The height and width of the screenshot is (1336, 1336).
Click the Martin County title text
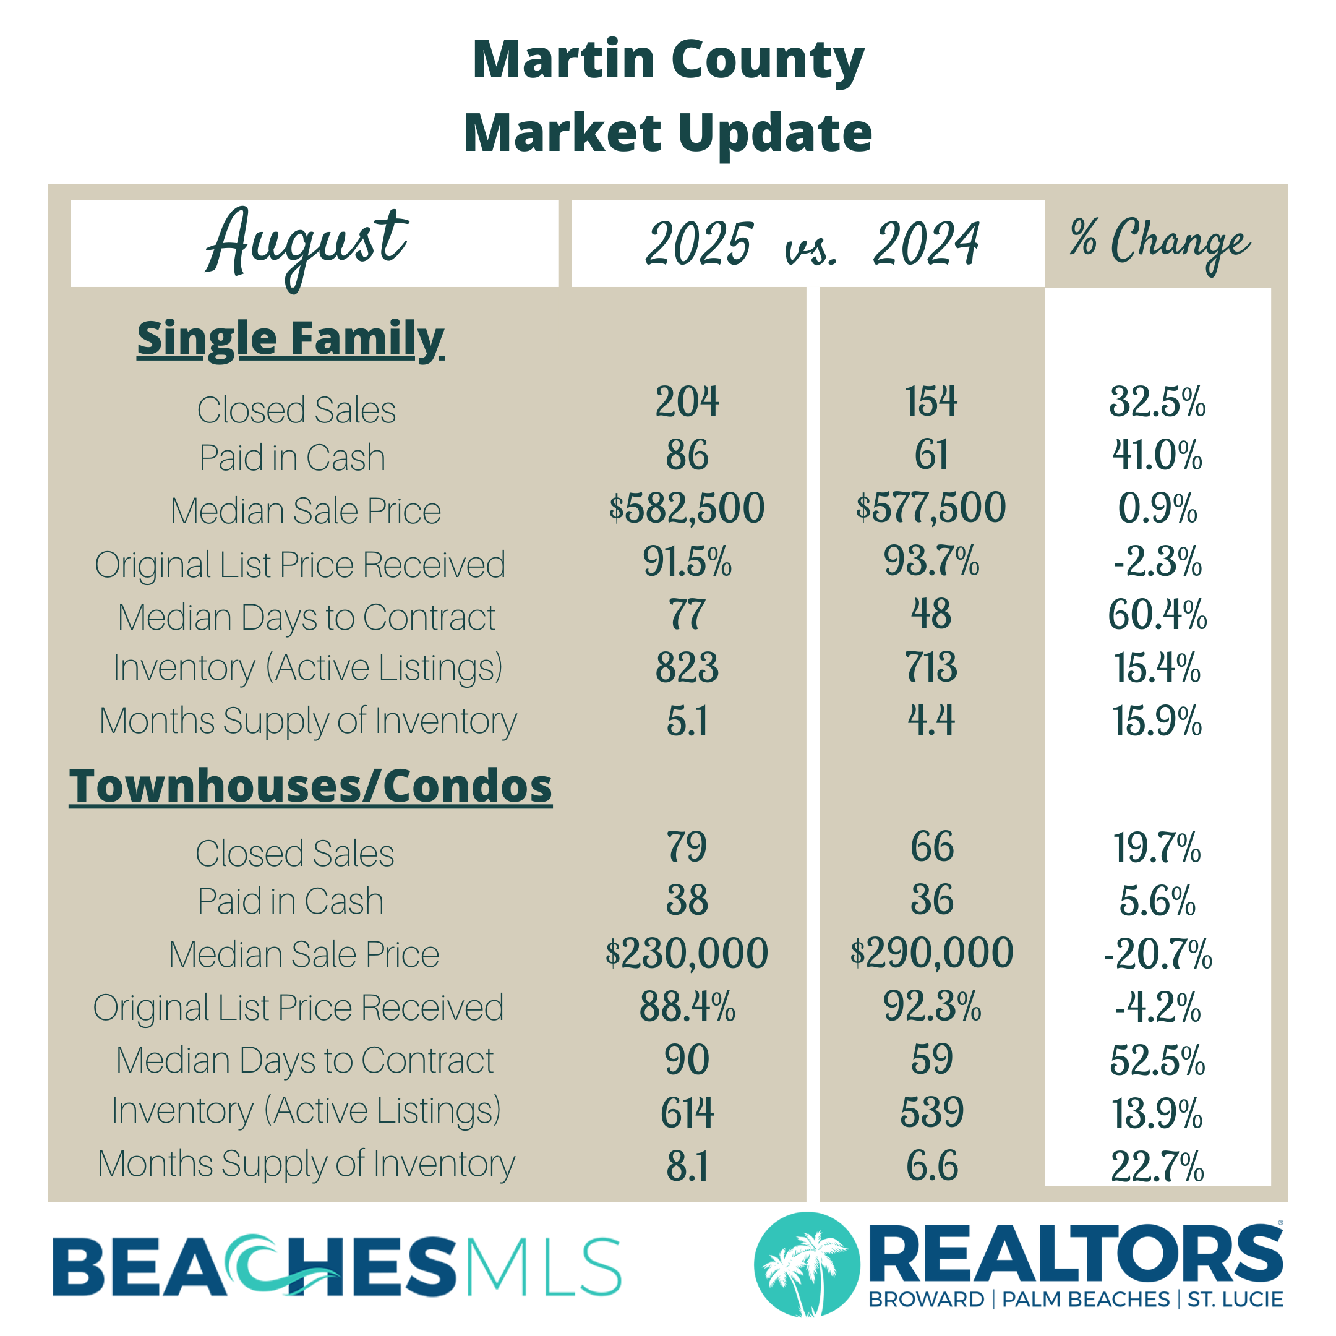click(668, 59)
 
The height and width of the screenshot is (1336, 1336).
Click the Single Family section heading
click(291, 338)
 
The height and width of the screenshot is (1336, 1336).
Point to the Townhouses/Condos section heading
click(310, 786)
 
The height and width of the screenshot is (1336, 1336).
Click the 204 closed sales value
click(687, 402)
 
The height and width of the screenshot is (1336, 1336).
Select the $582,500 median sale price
click(687, 508)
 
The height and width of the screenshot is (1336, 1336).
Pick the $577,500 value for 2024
click(931, 508)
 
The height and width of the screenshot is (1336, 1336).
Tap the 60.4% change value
click(1157, 614)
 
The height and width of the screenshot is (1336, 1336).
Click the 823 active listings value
click(687, 667)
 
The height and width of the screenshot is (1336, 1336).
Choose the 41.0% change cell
click(1157, 455)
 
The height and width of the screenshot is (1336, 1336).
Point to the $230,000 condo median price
click(687, 953)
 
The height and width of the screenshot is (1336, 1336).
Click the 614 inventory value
click(687, 1113)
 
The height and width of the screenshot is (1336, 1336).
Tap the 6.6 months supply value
click(931, 1166)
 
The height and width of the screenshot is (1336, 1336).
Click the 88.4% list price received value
click(687, 1007)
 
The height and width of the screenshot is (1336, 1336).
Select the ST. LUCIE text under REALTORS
click(1235, 1300)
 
